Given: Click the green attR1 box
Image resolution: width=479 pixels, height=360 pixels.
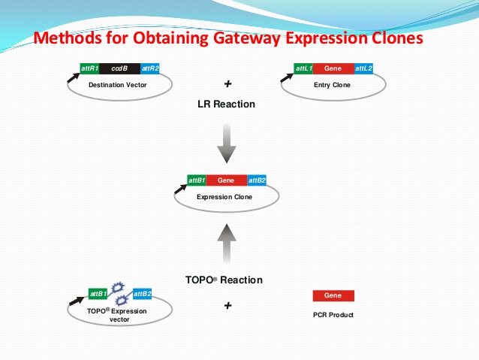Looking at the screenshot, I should pyautogui.click(x=89, y=68).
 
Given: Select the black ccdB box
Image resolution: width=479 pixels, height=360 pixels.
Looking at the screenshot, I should pyautogui.click(x=119, y=68).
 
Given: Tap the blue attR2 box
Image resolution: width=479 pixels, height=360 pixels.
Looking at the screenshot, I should pyautogui.click(x=149, y=68).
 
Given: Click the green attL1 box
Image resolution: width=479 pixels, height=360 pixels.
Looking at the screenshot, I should pyautogui.click(x=303, y=68).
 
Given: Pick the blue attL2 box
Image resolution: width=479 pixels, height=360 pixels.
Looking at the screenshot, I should pyautogui.click(x=363, y=68).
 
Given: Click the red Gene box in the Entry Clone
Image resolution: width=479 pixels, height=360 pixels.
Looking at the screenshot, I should pyautogui.click(x=333, y=68).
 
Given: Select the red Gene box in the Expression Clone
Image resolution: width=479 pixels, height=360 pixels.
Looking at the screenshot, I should pyautogui.click(x=226, y=180).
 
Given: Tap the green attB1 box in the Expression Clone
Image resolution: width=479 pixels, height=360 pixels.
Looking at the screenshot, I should pyautogui.click(x=197, y=180).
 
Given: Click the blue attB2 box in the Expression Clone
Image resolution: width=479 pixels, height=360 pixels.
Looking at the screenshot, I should pyautogui.click(x=257, y=180).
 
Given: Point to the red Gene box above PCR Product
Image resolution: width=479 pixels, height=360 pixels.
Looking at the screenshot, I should pyautogui.click(x=333, y=296).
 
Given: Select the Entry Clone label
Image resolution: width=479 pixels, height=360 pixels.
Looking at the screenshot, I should pyautogui.click(x=333, y=85).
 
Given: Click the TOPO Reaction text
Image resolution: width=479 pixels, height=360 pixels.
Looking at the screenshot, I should pyautogui.click(x=224, y=280).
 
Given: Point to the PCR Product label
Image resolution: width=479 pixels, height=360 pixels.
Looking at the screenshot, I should pyautogui.click(x=332, y=315).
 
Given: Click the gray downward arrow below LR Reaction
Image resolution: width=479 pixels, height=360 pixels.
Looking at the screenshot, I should pyautogui.click(x=227, y=142).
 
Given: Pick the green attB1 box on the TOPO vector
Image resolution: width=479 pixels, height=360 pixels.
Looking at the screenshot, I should pyautogui.click(x=98, y=293).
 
